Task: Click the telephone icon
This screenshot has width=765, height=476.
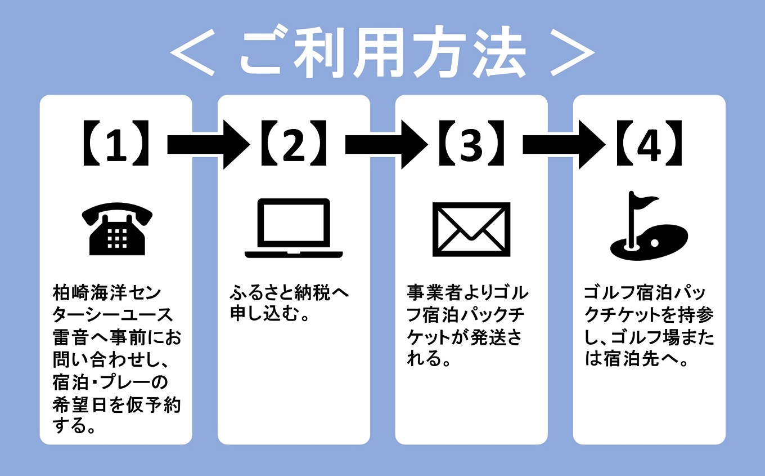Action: click(x=117, y=229)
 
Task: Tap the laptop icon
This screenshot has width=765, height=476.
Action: click(x=294, y=228)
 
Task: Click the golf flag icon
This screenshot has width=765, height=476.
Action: click(x=648, y=225)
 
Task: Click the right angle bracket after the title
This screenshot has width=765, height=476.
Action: click(x=571, y=54)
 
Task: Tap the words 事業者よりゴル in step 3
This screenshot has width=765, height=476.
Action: click(x=468, y=293)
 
